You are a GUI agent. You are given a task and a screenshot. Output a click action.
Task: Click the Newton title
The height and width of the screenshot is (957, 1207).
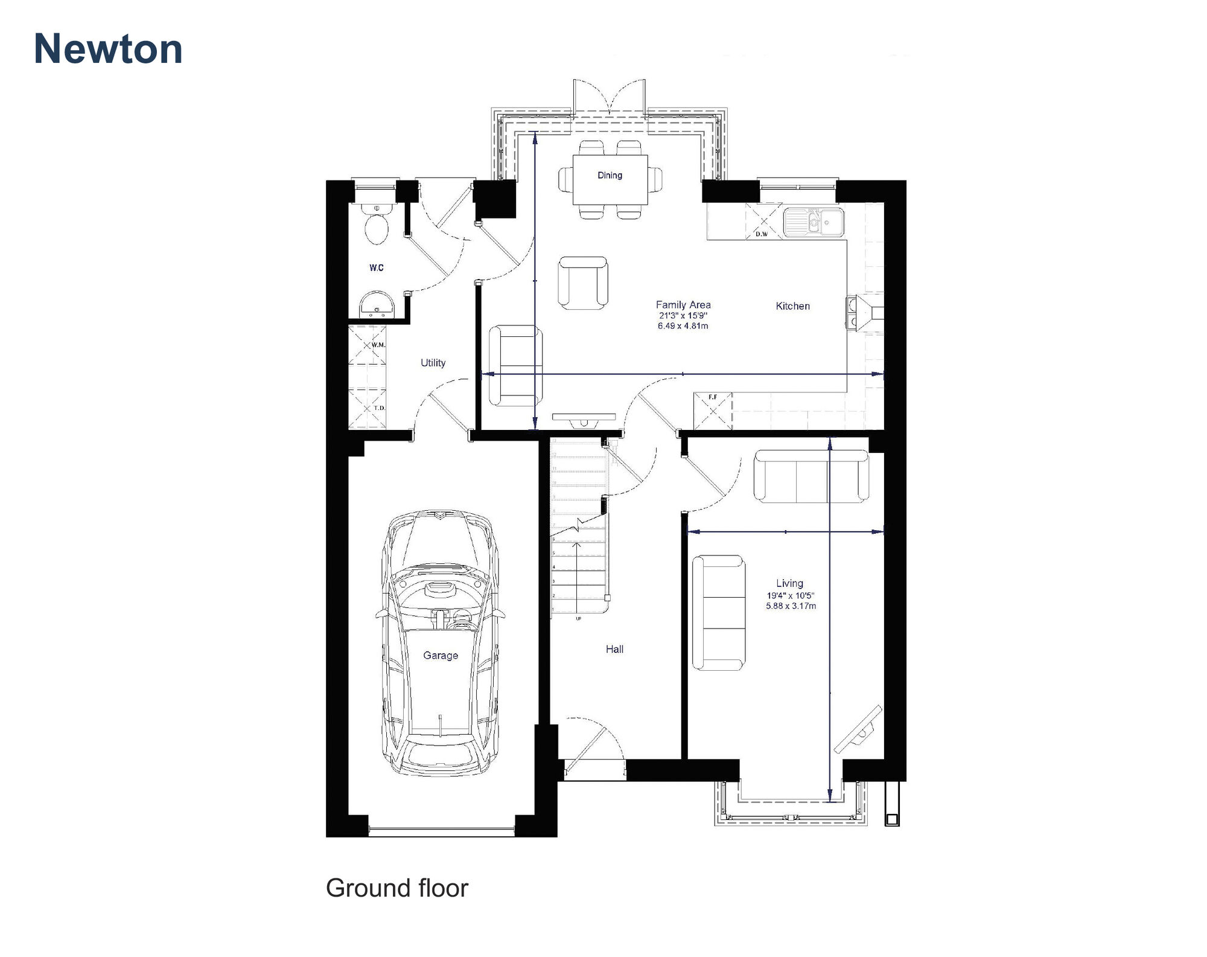(108, 49)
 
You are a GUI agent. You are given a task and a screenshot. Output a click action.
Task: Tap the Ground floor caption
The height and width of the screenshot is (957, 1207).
(396, 888)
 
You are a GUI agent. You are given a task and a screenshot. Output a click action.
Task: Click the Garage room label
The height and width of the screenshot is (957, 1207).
(440, 655)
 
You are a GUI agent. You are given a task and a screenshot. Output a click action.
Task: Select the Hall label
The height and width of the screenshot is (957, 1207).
(614, 649)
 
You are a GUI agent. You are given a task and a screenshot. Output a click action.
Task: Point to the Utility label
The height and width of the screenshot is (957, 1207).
(433, 363)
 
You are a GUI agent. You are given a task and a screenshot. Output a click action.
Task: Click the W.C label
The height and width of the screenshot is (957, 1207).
(377, 267)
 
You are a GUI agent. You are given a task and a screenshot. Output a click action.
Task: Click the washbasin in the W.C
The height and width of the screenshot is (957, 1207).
(377, 304)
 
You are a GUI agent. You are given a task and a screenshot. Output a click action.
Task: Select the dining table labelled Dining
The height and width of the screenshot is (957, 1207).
(610, 180)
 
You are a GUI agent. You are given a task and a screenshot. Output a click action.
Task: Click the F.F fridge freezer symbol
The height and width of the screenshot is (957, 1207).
(713, 411)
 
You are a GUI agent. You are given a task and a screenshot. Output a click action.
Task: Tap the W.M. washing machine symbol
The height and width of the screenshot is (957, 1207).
(367, 345)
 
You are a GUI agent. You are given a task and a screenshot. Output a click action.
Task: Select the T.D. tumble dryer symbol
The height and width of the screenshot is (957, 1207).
(367, 408)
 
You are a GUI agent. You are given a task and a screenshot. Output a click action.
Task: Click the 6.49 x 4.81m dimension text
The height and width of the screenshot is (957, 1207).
(683, 326)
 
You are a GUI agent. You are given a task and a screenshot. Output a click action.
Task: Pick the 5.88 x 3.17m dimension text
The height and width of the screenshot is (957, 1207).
(791, 606)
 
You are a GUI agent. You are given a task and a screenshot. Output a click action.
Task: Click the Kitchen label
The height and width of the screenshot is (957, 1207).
(792, 306)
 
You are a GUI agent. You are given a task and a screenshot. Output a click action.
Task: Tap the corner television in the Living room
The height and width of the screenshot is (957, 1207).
(858, 730)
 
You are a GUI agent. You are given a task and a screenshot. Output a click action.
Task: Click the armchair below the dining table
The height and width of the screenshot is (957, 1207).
(582, 283)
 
